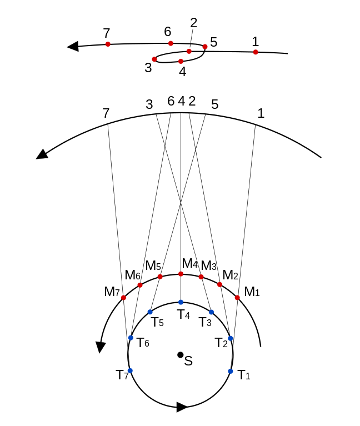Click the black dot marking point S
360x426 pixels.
pyautogui.click(x=180, y=354)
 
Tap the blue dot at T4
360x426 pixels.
pyautogui.click(x=181, y=302)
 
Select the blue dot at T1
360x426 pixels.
pyautogui.click(x=231, y=371)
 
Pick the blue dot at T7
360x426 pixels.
pyautogui.click(x=130, y=370)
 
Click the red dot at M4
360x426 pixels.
pyautogui.click(x=181, y=274)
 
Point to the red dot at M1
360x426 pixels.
pyautogui.click(x=237, y=298)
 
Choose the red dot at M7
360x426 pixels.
pyautogui.click(x=123, y=298)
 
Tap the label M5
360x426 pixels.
pyautogui.click(x=153, y=265)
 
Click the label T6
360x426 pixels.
pyautogui.click(x=143, y=343)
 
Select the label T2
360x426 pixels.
pyautogui.click(x=221, y=343)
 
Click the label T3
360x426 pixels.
pyautogui.click(x=205, y=322)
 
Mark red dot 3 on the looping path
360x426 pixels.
pyautogui.click(x=154, y=59)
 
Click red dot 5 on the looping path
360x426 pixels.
pyautogui.click(x=205, y=47)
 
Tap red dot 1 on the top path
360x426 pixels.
pyautogui.click(x=256, y=52)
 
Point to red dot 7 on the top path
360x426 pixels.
pyautogui.click(x=108, y=44)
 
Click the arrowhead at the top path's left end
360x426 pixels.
pyautogui.click(x=73, y=47)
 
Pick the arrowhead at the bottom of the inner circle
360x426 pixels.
pyautogui.click(x=182, y=407)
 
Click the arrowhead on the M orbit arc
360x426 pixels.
pyautogui.click(x=101, y=347)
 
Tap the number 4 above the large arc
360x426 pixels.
pyautogui.click(x=182, y=101)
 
